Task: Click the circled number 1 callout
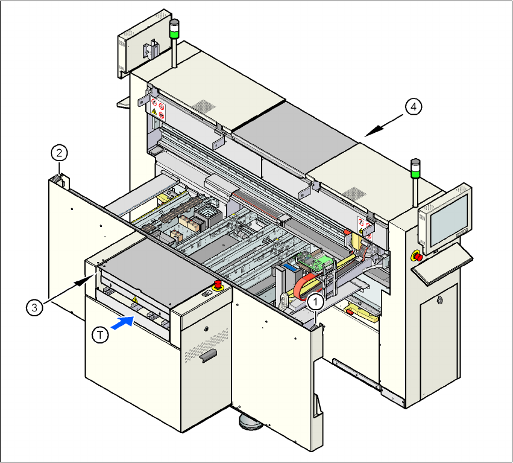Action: pyautogui.click(x=316, y=302)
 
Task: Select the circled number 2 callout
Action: pyautogui.click(x=59, y=153)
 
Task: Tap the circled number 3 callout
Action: pyautogui.click(x=34, y=308)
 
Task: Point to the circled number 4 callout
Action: pyautogui.click(x=414, y=107)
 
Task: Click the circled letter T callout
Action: pyautogui.click(x=100, y=335)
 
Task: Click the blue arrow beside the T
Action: pyautogui.click(x=123, y=322)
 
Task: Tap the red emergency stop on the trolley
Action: pyautogui.click(x=218, y=285)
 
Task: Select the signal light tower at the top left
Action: pyautogui.click(x=174, y=43)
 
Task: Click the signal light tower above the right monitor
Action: pyautogui.click(x=415, y=182)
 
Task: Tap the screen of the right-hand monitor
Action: pyautogui.click(x=448, y=221)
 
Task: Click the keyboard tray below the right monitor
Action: pyautogui.click(x=442, y=264)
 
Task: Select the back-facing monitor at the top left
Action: pyautogui.click(x=144, y=43)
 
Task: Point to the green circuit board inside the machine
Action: pyautogui.click(x=316, y=261)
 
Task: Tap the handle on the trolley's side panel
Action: pyautogui.click(x=209, y=355)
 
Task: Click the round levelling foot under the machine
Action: pyautogui.click(x=250, y=422)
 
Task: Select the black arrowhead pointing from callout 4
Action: pyautogui.click(x=374, y=131)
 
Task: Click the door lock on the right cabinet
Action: pyautogui.click(x=439, y=299)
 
